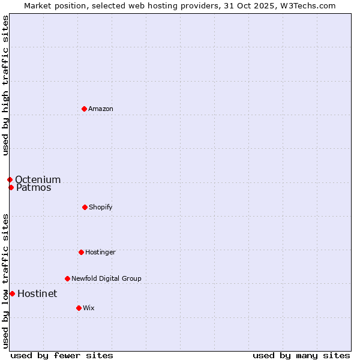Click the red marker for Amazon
[x=85, y=109]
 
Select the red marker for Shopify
[x=85, y=207]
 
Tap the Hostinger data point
[x=81, y=252]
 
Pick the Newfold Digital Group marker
[x=67, y=278]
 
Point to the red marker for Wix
[x=79, y=308]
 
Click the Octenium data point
[x=10, y=179]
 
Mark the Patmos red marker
[x=11, y=187]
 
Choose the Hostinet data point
[x=12, y=293]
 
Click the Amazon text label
[x=101, y=109]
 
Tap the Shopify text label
[x=101, y=207]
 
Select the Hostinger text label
[x=100, y=252]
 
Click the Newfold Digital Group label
[x=106, y=278]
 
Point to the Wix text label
[x=89, y=308]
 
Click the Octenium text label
[x=38, y=179]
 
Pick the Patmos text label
[x=34, y=187]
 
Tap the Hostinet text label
[x=37, y=293]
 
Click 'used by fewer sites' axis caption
[x=62, y=355]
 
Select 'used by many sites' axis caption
[x=301, y=355]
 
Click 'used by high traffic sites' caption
[x=5, y=85]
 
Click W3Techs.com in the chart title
[x=309, y=5]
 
